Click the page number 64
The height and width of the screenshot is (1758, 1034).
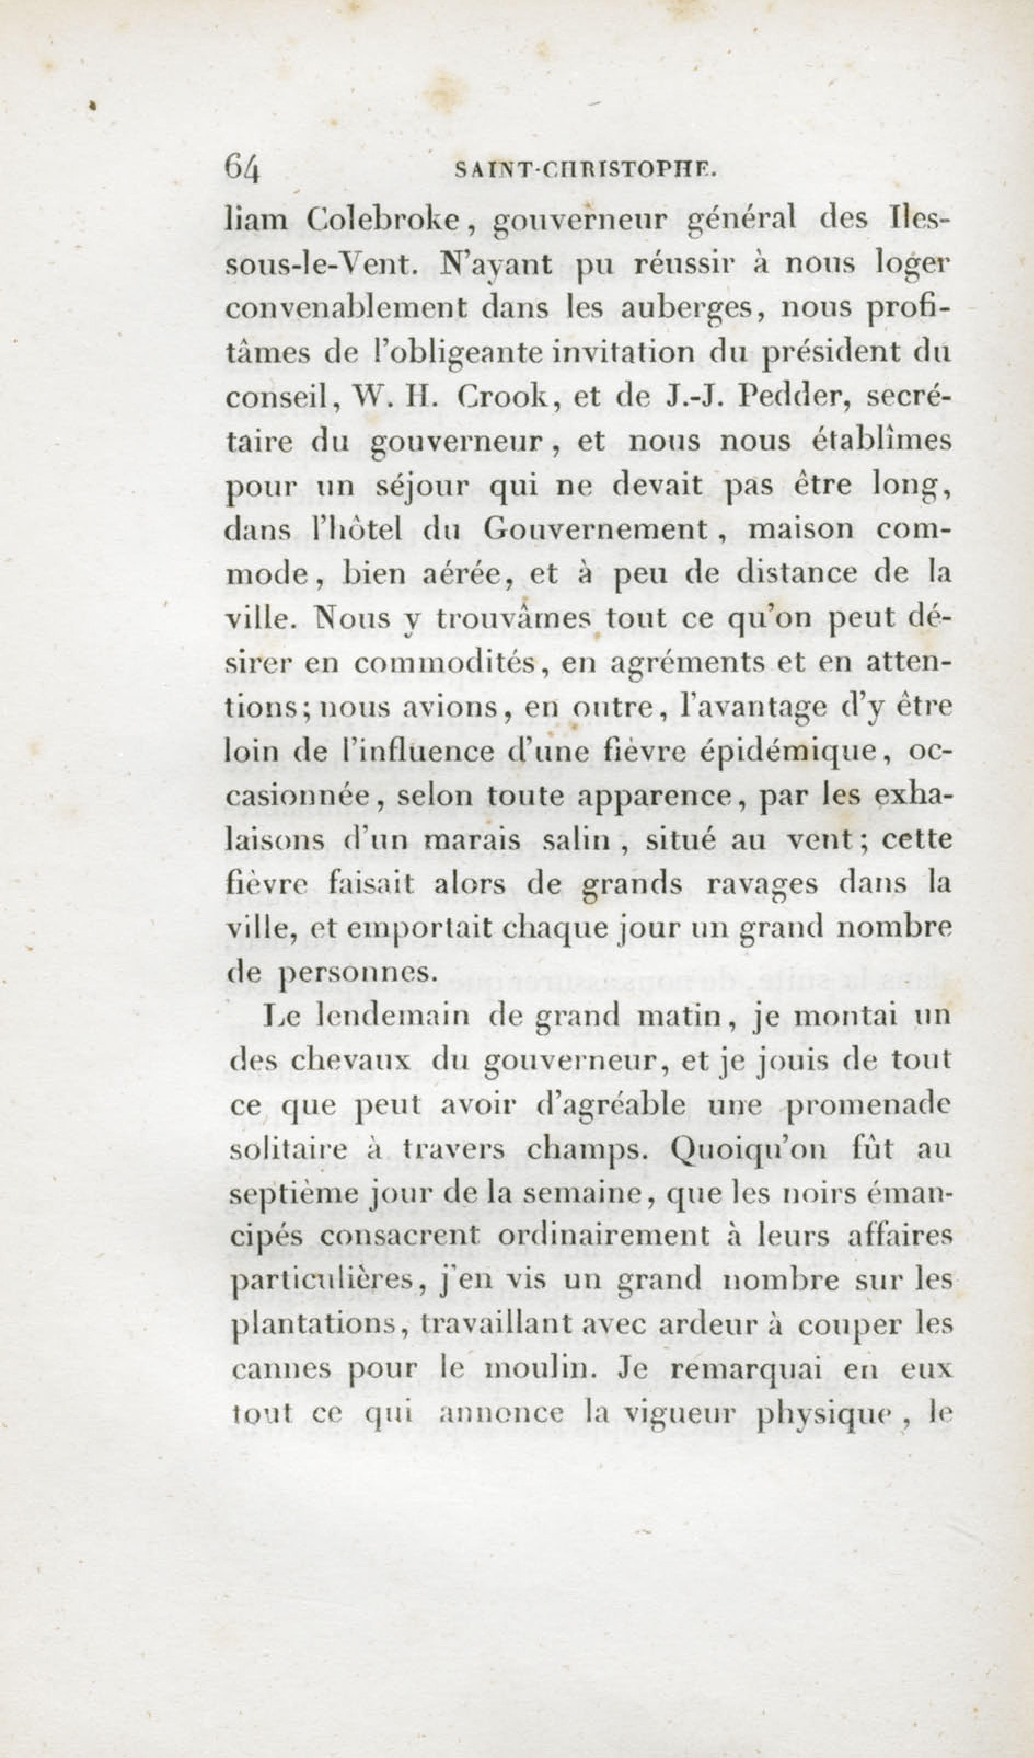tap(242, 168)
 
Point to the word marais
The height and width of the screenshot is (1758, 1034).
tap(472, 840)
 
